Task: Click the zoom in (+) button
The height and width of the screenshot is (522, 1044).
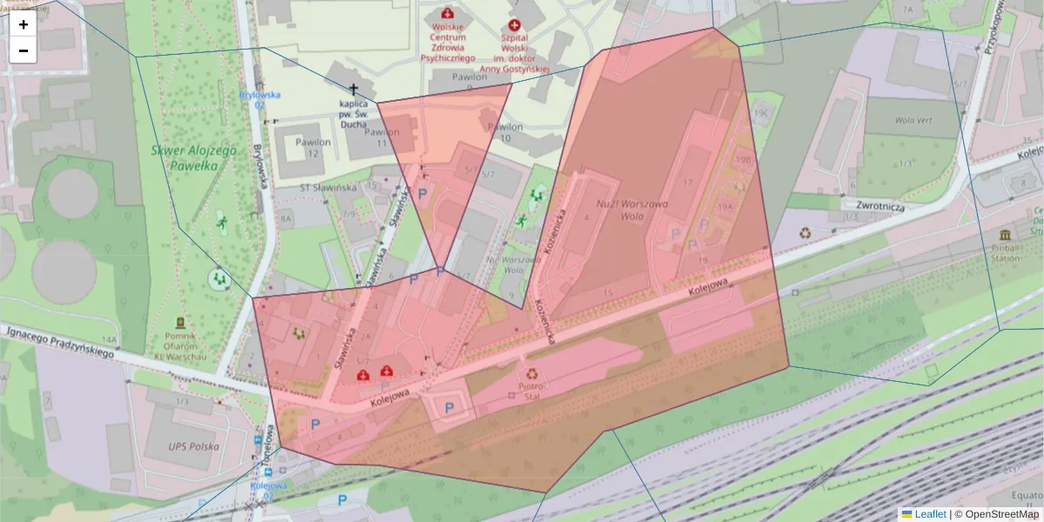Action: pos(23,24)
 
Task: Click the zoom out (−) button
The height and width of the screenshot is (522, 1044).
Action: pos(23,50)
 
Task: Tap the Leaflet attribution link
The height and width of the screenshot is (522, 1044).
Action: pos(929,514)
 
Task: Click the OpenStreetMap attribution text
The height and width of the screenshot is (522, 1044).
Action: pos(1001,514)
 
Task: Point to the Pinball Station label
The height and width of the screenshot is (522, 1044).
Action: pos(1005,253)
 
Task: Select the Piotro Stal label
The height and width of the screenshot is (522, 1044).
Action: pos(531,391)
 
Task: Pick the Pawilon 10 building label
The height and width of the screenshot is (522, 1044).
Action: pos(505,131)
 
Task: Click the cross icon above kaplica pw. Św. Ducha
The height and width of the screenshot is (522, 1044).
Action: pos(353,89)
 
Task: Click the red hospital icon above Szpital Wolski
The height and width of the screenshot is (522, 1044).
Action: pos(514,26)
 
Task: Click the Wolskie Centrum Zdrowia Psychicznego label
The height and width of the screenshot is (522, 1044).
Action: pos(448,42)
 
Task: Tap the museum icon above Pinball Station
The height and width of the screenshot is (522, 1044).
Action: pos(1005,236)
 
